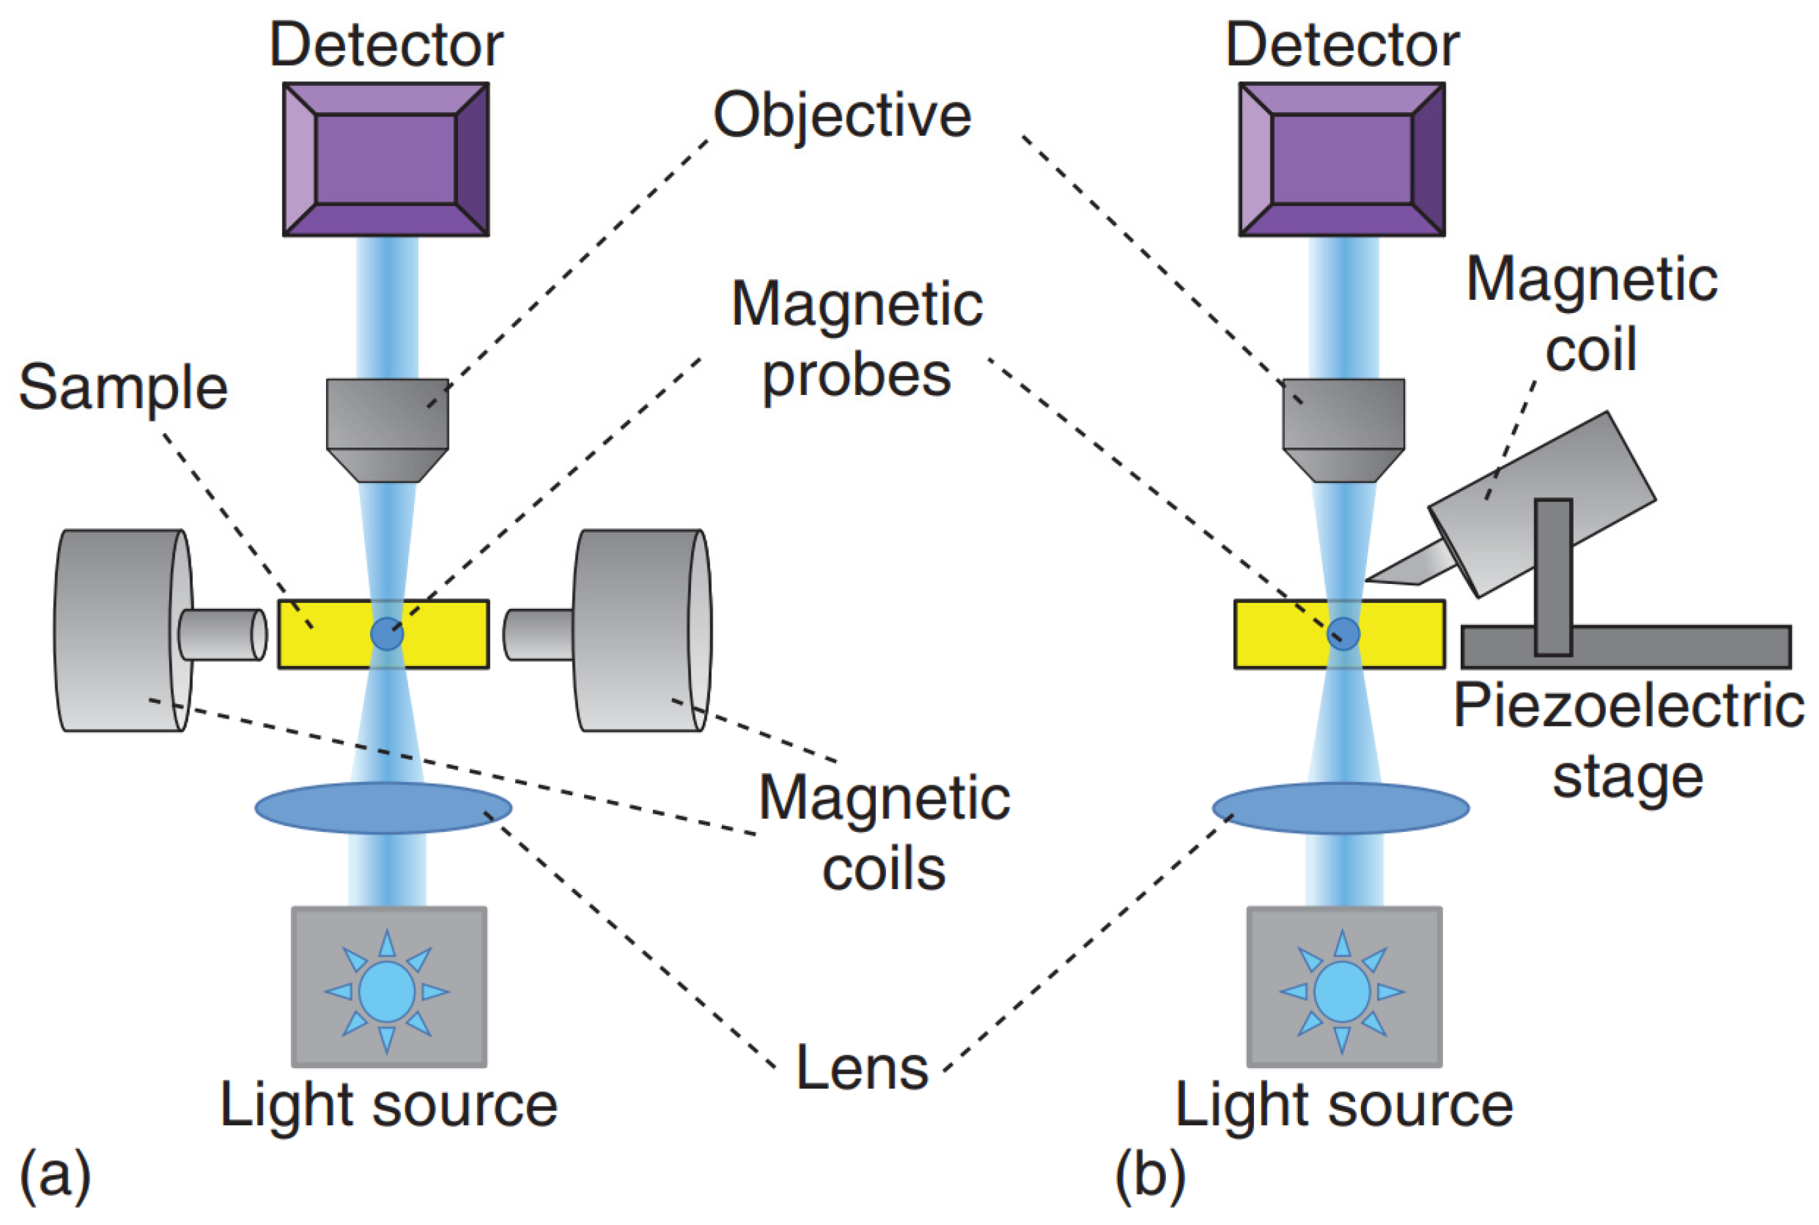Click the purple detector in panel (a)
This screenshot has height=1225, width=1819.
click(386, 159)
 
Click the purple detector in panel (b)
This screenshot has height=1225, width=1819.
click(1341, 159)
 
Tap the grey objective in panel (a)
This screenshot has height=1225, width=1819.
click(387, 426)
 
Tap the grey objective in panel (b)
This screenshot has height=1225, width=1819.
click(1343, 426)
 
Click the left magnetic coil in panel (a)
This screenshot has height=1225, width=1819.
click(117, 631)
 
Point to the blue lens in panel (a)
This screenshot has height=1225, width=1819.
click(383, 808)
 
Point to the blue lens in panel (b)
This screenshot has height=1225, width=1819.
click(1340, 808)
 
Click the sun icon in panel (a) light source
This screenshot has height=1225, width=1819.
click(387, 991)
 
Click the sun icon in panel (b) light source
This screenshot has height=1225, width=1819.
click(1341, 991)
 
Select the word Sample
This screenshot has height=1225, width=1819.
click(123, 388)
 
